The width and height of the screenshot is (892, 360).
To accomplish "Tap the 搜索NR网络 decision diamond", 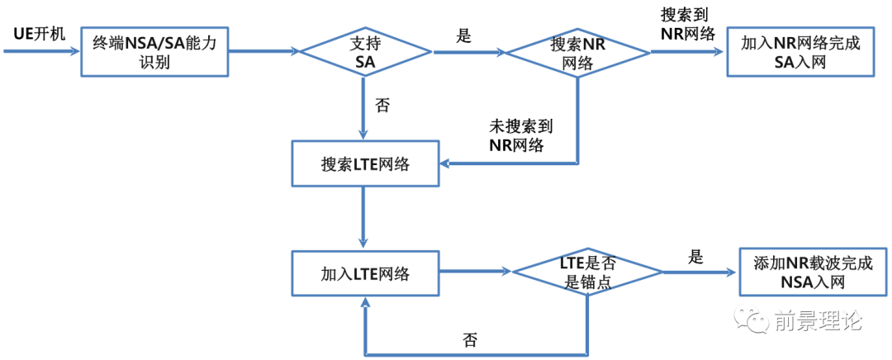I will tap(577, 52).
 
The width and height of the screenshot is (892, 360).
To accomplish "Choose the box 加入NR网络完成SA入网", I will tap(799, 52).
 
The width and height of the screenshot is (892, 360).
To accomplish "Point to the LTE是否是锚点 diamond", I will tap(586, 272).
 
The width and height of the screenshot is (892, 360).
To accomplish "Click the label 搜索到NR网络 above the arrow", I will tap(687, 23).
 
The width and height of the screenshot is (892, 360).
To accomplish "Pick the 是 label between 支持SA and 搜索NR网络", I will tap(463, 36).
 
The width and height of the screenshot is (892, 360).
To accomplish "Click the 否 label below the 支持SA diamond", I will tap(382, 105).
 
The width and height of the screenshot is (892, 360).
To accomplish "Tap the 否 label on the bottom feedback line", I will tap(470, 340).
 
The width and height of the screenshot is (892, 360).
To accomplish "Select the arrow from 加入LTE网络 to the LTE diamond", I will tap(476, 272).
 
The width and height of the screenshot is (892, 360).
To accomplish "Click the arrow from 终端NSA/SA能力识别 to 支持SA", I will tap(263, 51).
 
